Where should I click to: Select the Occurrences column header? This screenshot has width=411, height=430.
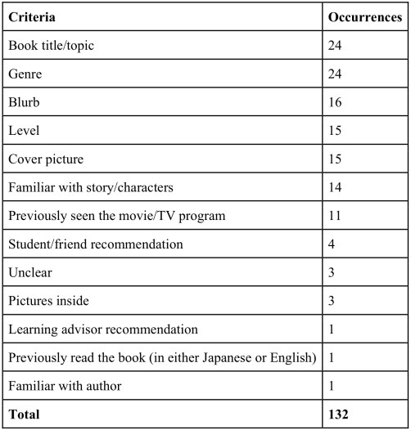[x=364, y=17]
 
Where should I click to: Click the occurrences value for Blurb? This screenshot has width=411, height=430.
[x=336, y=103]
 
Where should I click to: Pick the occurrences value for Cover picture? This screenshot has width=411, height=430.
[x=336, y=159]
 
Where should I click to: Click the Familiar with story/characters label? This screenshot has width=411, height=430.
[x=90, y=188]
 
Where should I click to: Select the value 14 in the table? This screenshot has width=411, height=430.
[x=336, y=188]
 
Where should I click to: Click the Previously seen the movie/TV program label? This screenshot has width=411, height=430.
[x=112, y=217]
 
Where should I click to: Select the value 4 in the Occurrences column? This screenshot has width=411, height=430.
[x=332, y=244]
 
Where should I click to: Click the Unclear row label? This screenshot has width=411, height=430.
[x=29, y=273]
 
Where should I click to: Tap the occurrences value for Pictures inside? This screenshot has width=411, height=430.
[x=332, y=302]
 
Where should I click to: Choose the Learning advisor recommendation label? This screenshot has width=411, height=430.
[x=102, y=329]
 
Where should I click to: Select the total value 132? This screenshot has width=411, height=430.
[x=339, y=415]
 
